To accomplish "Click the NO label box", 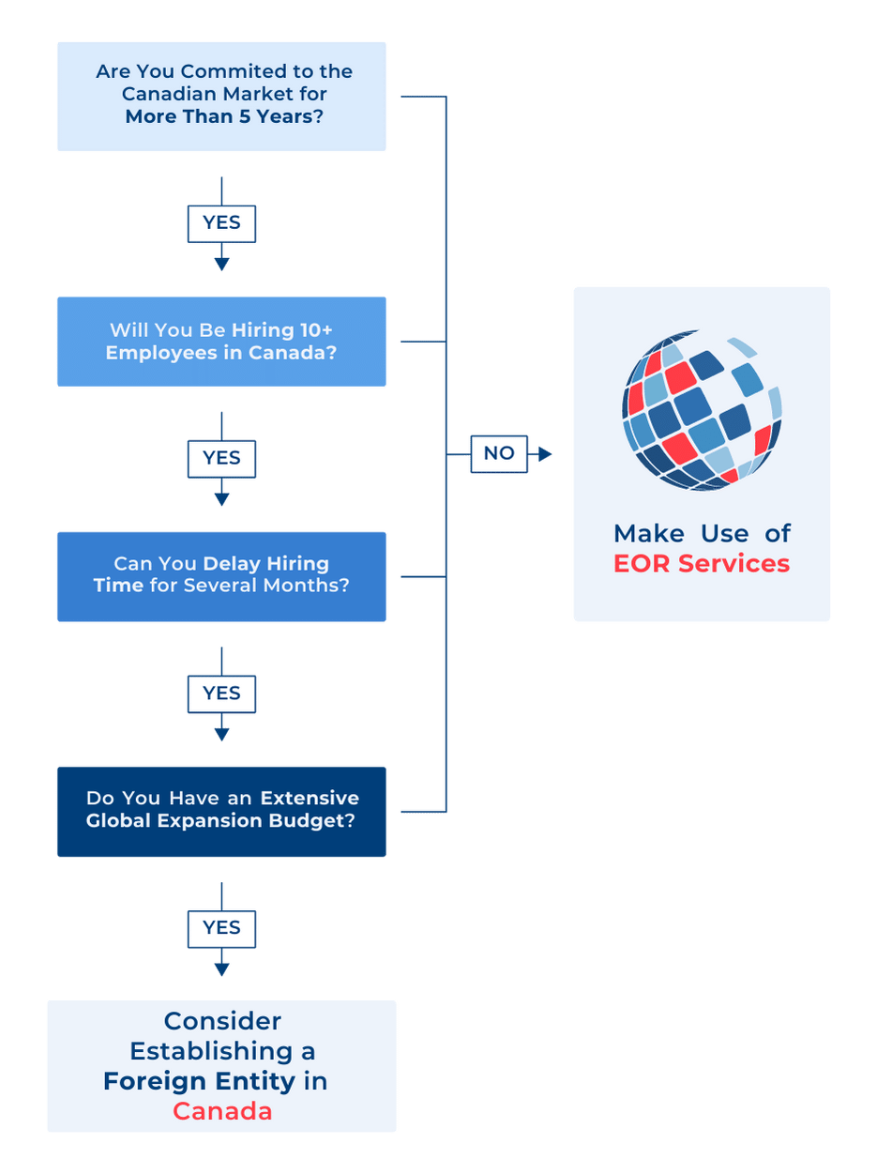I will coord(498,454).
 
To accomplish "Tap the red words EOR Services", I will coord(702,563).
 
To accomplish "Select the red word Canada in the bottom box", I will coord(222,1111).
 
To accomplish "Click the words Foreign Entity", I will coord(199,1081).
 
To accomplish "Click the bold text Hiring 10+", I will coord(282,330).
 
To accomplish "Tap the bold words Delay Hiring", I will coord(266,564).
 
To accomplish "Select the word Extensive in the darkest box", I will coord(310,798).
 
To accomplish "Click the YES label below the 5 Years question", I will coord(221,223).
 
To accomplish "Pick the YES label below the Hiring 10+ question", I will coord(221,458).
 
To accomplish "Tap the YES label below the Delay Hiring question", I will coord(221,694).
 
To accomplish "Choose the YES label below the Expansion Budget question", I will coord(221,928).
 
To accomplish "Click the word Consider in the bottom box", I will coord(222,1020).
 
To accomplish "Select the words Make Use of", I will coord(702,533).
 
